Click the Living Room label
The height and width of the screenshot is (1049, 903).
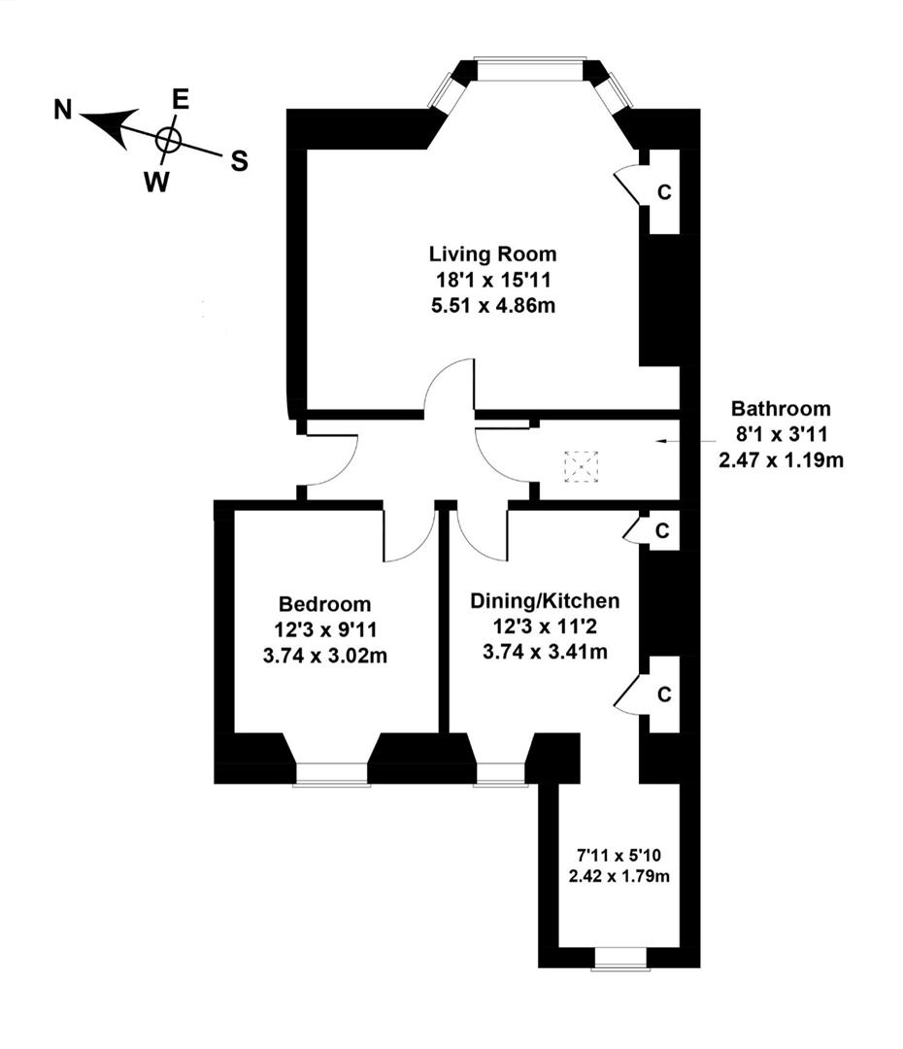[x=493, y=254]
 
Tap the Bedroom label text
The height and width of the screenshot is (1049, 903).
[x=324, y=604]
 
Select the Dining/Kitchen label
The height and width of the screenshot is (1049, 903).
[x=545, y=600]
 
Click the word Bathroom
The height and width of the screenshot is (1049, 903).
[x=781, y=409]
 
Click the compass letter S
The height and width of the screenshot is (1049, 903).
[x=238, y=162]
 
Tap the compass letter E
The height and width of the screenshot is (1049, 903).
[x=180, y=98]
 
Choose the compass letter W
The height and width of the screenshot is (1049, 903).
[x=152, y=181]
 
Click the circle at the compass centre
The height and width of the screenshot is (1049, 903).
[x=168, y=140]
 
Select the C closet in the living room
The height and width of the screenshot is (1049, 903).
[x=664, y=192]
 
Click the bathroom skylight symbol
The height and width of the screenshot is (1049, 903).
[x=583, y=466]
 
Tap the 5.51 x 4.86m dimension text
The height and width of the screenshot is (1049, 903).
[x=493, y=305]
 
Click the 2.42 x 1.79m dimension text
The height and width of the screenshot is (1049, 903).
[x=620, y=876]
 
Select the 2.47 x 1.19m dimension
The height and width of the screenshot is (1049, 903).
[x=781, y=460]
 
